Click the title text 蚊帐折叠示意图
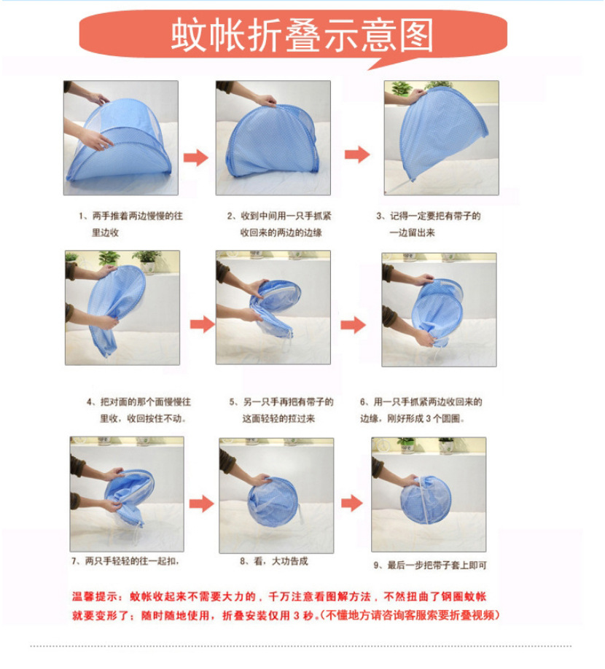point(302,35)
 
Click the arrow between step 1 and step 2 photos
point(196,157)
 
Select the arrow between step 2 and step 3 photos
point(357,154)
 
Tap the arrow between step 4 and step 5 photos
point(202,324)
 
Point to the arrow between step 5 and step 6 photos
point(354,325)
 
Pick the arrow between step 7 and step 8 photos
point(202,504)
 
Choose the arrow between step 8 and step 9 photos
point(352,503)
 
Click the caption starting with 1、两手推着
point(131,224)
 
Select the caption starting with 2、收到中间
point(279,224)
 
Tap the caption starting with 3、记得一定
point(429,224)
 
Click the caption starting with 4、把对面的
point(138,410)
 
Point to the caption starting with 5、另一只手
point(281,410)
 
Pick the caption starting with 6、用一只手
point(421,410)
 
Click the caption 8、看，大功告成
point(274,561)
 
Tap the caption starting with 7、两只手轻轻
point(125,561)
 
